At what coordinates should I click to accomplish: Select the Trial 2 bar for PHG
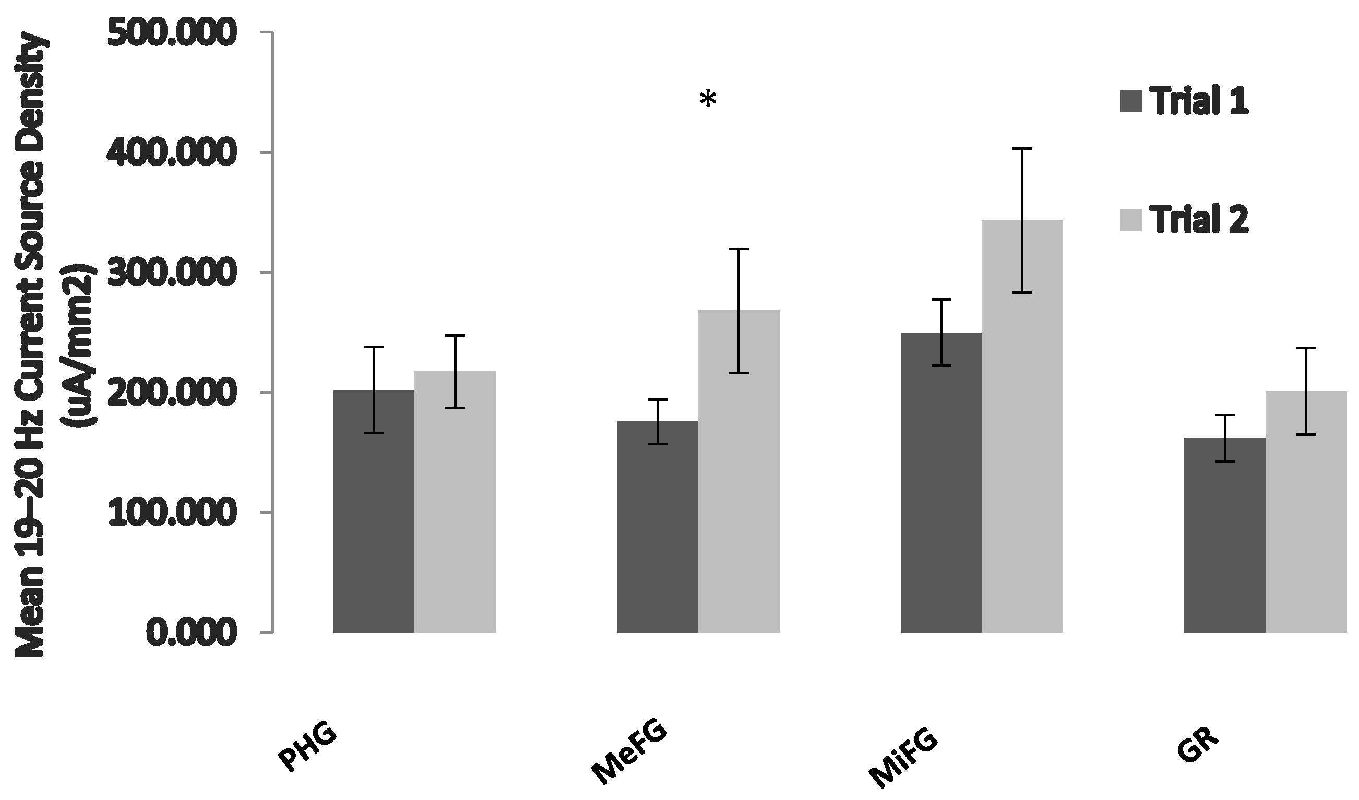click(x=455, y=502)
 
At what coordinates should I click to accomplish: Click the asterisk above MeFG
click(x=708, y=100)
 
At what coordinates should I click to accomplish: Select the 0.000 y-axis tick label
click(x=191, y=632)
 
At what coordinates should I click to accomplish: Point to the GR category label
click(x=1197, y=745)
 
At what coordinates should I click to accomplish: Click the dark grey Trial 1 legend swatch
click(x=1130, y=101)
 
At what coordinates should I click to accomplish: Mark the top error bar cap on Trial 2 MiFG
click(x=1022, y=148)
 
